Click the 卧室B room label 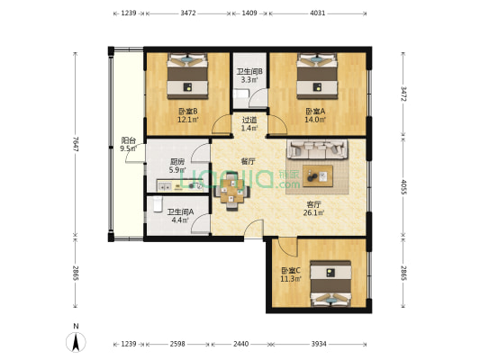(188, 115)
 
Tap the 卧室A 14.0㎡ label (315, 115)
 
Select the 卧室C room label (291, 274)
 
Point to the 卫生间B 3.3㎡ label (249, 76)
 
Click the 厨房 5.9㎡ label (177, 166)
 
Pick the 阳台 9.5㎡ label (129, 144)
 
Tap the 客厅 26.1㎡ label (313, 208)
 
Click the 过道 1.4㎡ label (249, 124)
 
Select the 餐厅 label (248, 161)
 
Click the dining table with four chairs (231, 191)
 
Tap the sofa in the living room (317, 149)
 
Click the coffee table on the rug (318, 175)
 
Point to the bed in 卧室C (331, 283)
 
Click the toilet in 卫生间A (158, 204)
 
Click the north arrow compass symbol (76, 341)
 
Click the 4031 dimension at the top (318, 13)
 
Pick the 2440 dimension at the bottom (241, 344)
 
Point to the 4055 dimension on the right (403, 187)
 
